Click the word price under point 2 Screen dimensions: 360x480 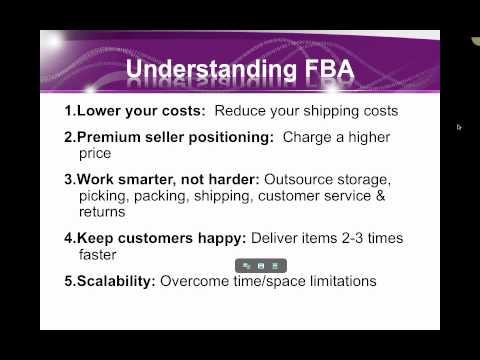(97, 155)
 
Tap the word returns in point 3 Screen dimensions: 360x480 (101, 212)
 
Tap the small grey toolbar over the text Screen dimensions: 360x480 (260, 266)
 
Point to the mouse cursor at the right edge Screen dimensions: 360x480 (459, 127)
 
